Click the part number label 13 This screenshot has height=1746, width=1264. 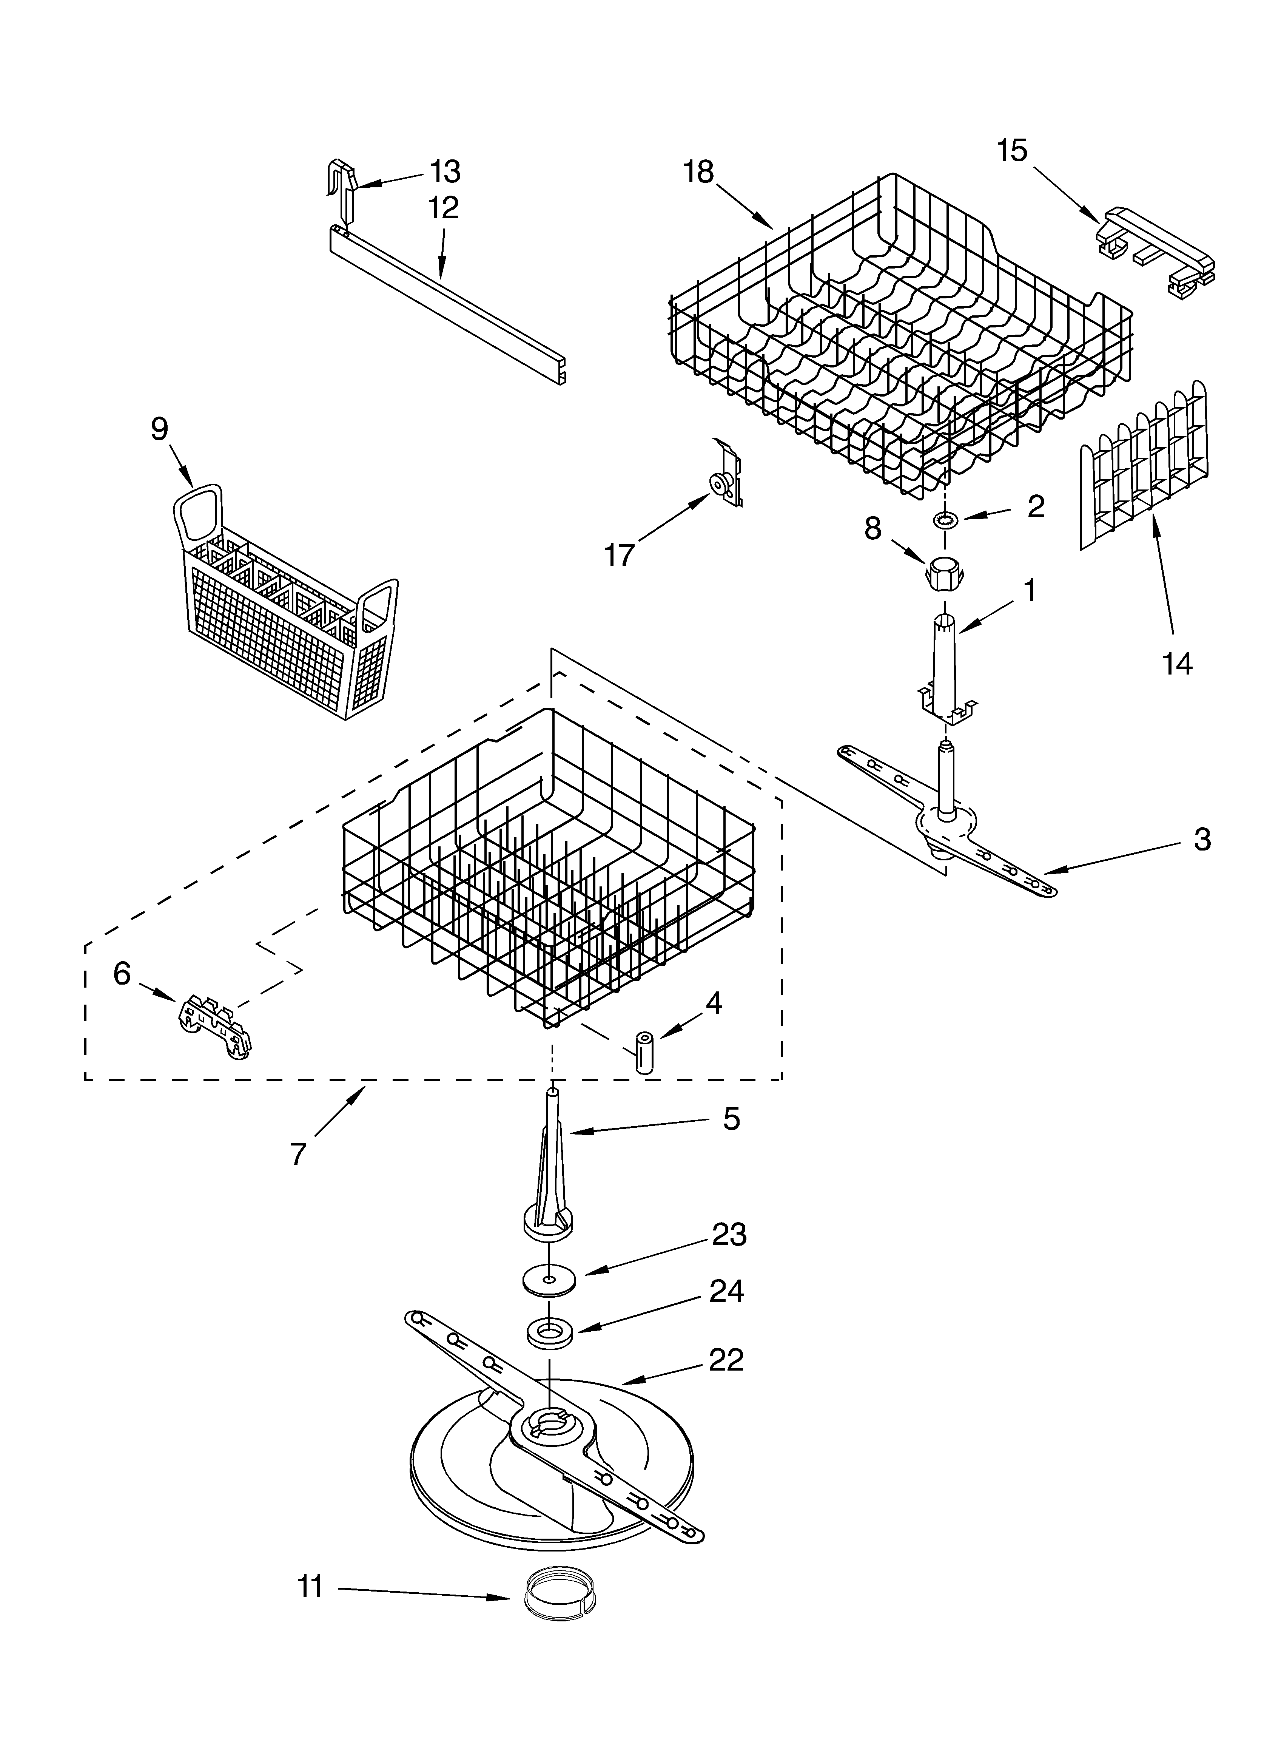445,172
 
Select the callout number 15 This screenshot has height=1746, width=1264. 1012,151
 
